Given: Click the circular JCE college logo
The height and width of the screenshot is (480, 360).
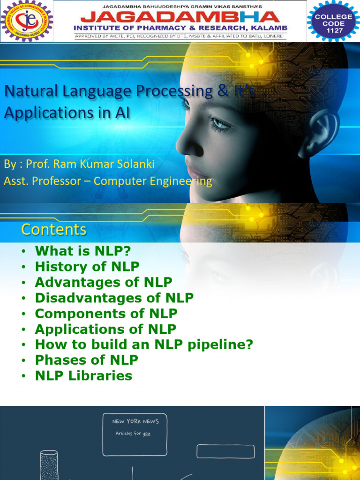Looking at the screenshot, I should point(26,21).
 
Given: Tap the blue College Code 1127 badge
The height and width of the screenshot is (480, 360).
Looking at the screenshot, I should point(333,21).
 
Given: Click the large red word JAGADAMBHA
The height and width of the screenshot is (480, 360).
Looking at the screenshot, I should point(180,17).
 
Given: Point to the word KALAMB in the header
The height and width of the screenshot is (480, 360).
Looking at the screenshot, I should point(270,28).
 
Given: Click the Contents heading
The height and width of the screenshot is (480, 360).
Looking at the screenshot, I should point(53,229).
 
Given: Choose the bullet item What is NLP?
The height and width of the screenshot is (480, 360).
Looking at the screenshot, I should point(82,251).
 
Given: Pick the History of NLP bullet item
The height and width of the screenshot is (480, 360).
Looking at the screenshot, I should point(87,267).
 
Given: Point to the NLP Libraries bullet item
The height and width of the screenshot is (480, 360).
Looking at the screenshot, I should point(83,376).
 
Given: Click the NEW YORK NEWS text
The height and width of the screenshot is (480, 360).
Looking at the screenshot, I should point(135,421).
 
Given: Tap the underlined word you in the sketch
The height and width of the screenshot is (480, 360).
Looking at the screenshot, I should point(147,434).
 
